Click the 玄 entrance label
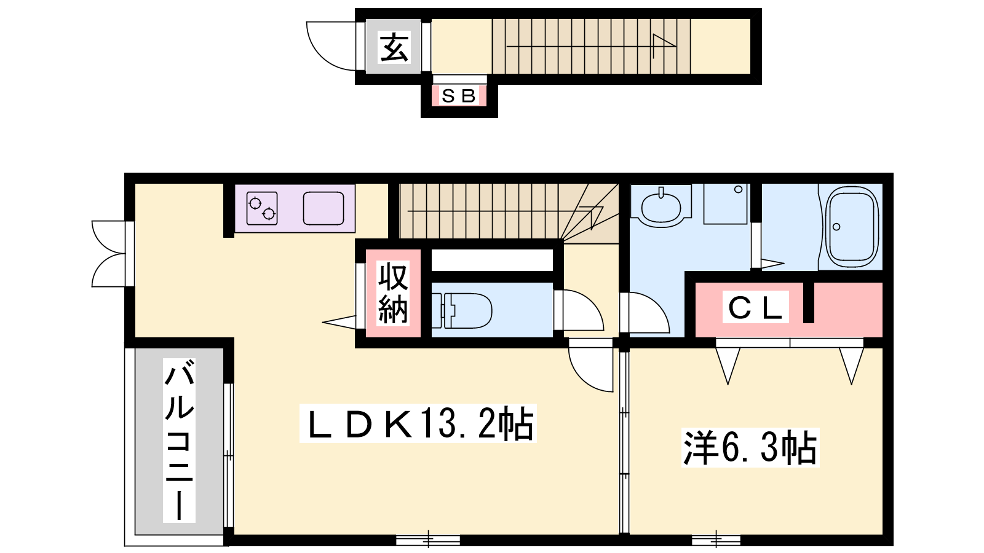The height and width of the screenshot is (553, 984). pyautogui.click(x=394, y=47)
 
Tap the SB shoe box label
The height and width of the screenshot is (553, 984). pyautogui.click(x=459, y=96)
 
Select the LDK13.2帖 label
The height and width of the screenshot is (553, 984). pyautogui.click(x=418, y=423)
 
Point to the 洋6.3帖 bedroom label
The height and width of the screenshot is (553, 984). pyautogui.click(x=750, y=447)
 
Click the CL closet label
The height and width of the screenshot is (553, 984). pyautogui.click(x=756, y=307)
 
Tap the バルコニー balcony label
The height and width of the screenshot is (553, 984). pyautogui.click(x=179, y=440)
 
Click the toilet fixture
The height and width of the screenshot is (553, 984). pyautogui.click(x=462, y=311)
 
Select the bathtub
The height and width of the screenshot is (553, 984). pyautogui.click(x=852, y=227)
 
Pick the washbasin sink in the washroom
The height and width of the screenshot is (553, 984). pyautogui.click(x=661, y=206)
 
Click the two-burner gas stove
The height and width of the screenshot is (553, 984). pyautogui.click(x=262, y=208)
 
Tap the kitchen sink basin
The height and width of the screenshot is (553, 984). pyautogui.click(x=323, y=208)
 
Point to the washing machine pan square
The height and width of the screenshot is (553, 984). pyautogui.click(x=725, y=204)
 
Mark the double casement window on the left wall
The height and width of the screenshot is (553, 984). pyautogui.click(x=110, y=254)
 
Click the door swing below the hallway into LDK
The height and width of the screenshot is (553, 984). pyautogui.click(x=584, y=373)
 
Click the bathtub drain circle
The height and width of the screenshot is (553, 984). pyautogui.click(x=836, y=227)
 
